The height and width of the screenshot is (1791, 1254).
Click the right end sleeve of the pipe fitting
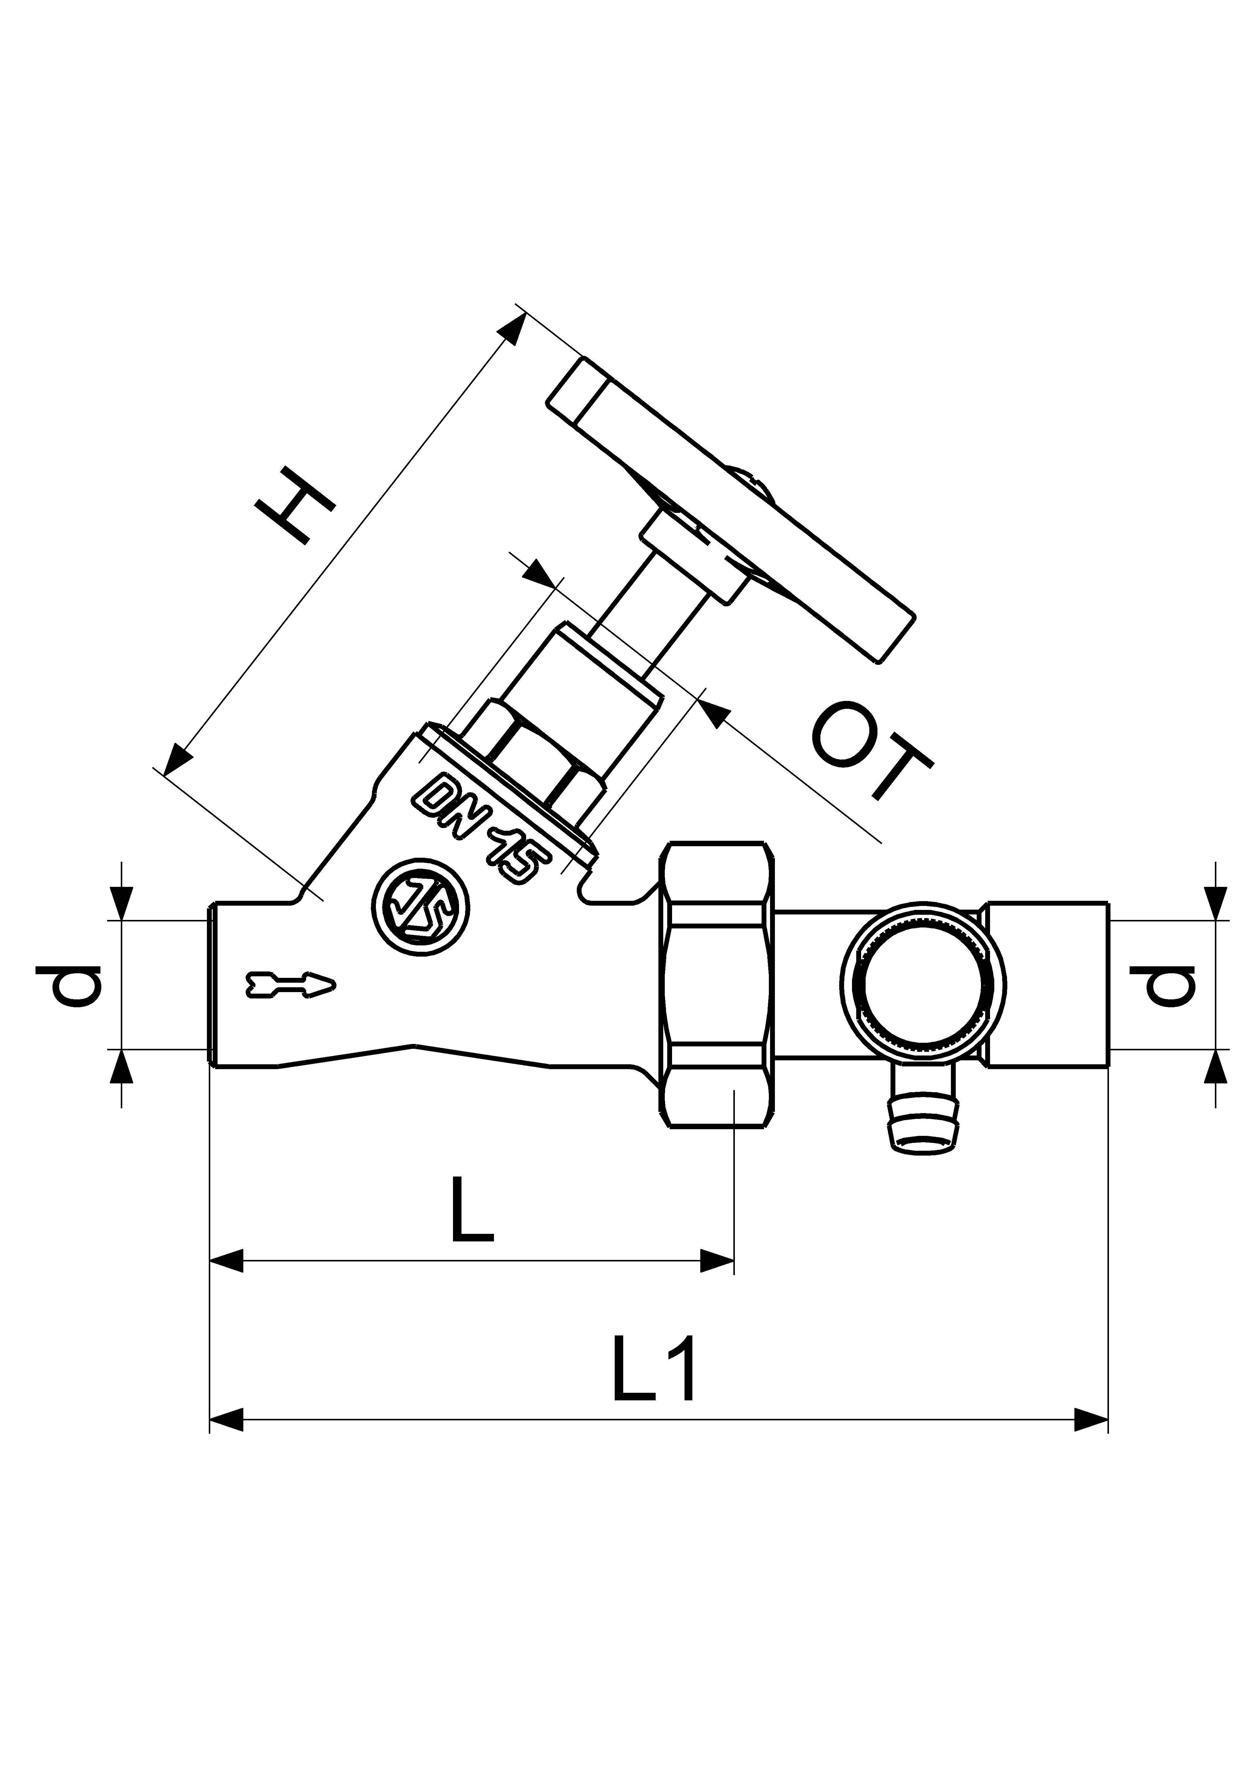[1046, 985]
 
